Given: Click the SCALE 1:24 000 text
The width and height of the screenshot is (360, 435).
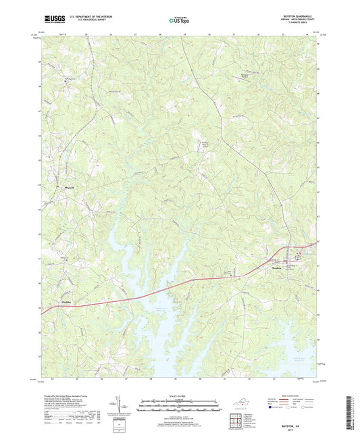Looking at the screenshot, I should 180,395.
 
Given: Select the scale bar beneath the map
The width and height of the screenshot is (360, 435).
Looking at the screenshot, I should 180,408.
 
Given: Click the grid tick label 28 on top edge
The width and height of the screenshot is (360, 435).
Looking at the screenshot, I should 160,32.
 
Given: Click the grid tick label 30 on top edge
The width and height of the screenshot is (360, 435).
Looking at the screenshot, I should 209,32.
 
